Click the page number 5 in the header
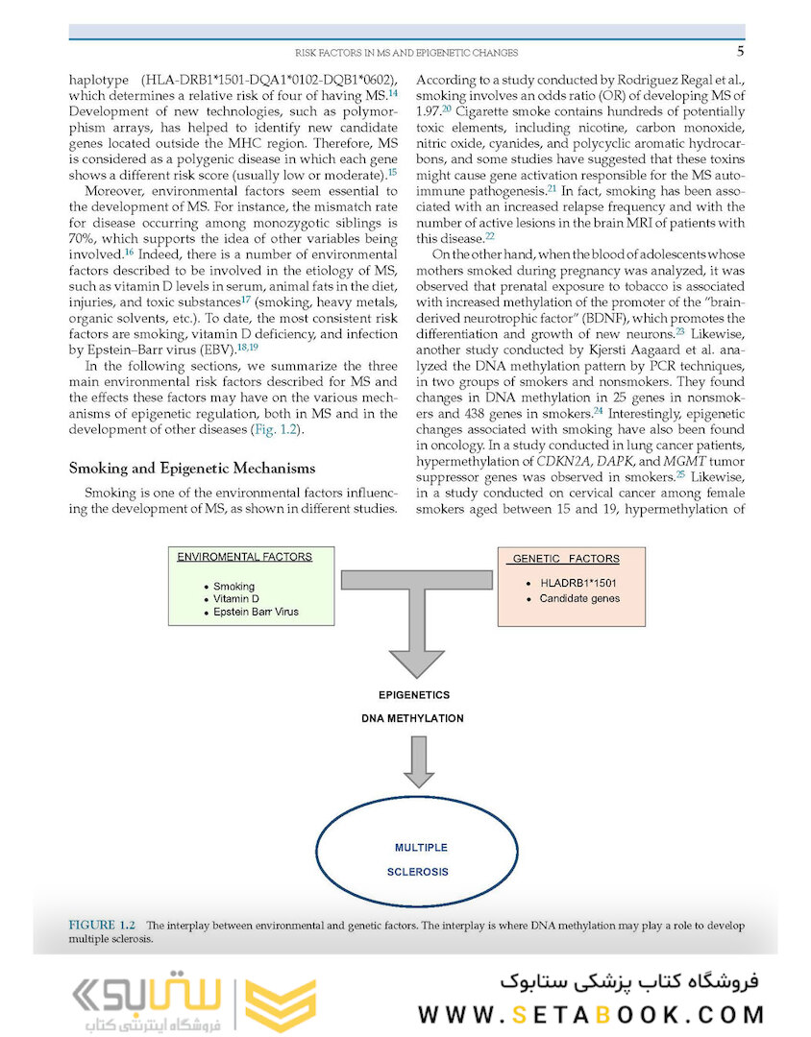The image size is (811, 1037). [x=740, y=51]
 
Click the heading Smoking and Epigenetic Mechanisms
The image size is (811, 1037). [x=192, y=469]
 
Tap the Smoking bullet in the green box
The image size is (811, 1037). [x=234, y=586]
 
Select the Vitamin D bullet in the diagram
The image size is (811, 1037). [x=236, y=598]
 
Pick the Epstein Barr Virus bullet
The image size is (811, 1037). [x=256, y=611]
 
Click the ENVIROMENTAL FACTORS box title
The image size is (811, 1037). [x=244, y=556]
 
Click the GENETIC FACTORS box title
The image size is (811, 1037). [x=566, y=558]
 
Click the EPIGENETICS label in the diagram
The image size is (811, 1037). [x=412, y=694]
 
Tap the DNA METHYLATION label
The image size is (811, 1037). [x=412, y=718]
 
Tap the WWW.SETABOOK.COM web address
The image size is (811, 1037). [x=591, y=1014]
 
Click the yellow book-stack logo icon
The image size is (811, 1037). [x=280, y=1003]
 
